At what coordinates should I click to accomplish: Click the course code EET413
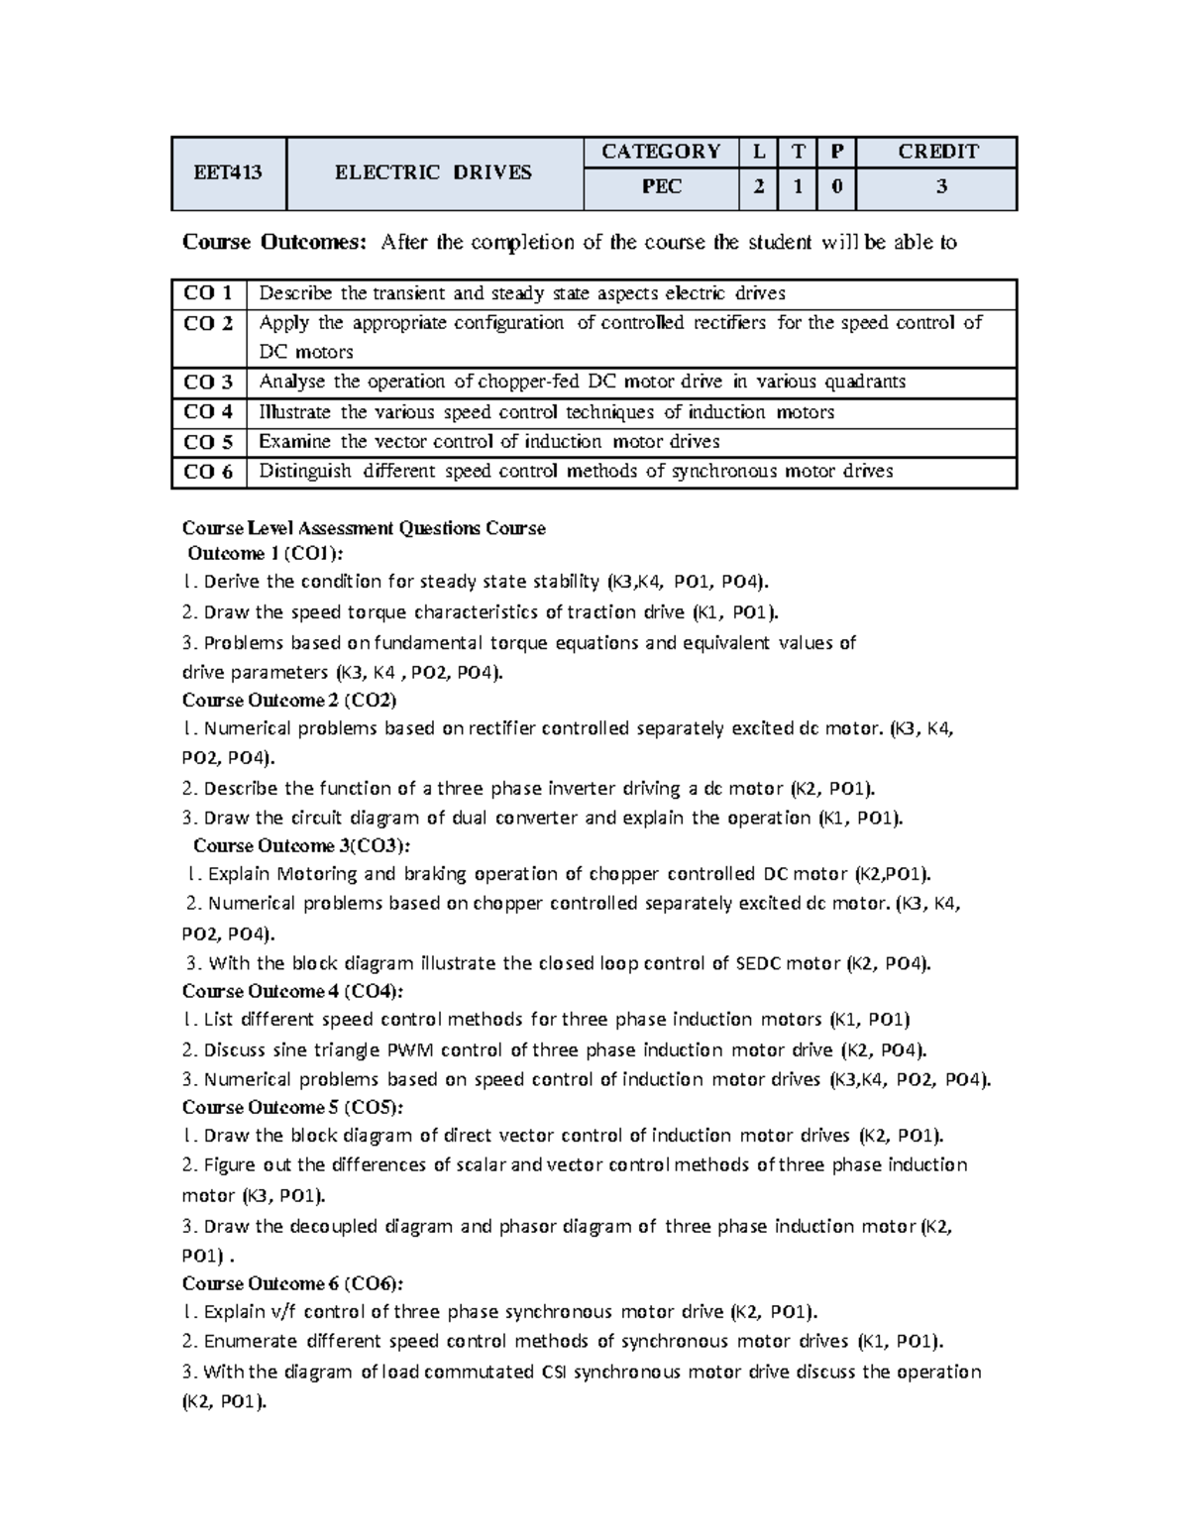point(228,172)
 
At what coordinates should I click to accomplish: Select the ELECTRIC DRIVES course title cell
point(433,172)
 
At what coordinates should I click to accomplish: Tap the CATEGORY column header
point(661,152)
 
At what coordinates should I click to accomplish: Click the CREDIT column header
point(936,152)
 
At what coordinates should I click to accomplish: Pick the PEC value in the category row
point(661,187)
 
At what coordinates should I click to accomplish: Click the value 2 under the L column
point(758,187)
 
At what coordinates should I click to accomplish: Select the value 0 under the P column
point(835,187)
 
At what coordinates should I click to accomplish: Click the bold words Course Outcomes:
point(274,243)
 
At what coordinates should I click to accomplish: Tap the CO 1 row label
point(208,293)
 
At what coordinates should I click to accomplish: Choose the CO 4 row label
point(208,412)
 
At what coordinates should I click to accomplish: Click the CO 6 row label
point(208,472)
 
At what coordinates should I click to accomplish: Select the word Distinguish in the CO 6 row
point(305,472)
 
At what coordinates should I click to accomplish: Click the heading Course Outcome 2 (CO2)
point(289,701)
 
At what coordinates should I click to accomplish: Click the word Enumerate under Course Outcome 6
point(250,1342)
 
